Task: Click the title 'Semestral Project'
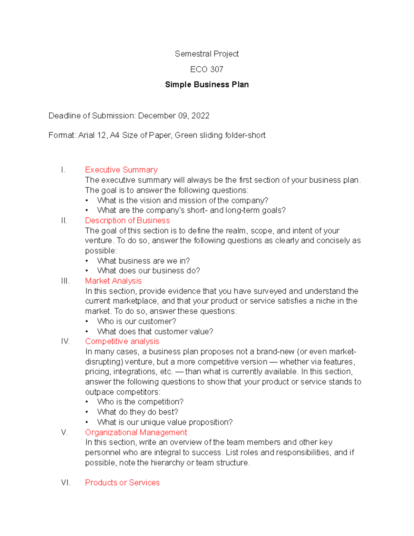(207, 54)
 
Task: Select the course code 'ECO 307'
(207, 69)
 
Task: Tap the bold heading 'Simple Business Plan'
(207, 85)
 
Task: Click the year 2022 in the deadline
(200, 116)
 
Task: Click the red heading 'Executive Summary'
(121, 170)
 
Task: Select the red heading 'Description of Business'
(127, 221)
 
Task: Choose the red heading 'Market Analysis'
(113, 281)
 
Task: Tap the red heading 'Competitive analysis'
(122, 341)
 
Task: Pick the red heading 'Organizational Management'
(136, 432)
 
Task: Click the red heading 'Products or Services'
(122, 483)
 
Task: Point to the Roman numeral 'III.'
(65, 281)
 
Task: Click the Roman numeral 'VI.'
(66, 483)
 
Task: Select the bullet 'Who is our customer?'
(137, 321)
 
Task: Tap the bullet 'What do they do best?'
(138, 412)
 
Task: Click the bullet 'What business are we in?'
(144, 261)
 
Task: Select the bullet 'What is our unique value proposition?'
(165, 422)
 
